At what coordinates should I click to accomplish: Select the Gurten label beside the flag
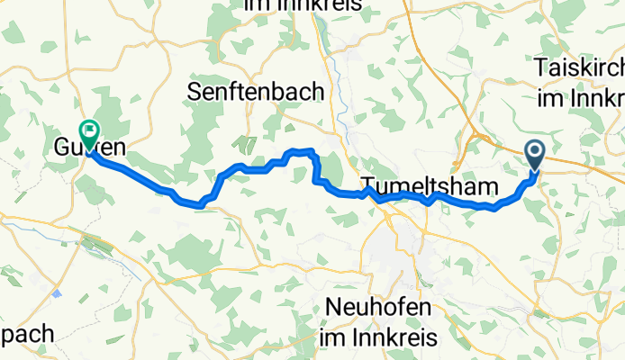click(x=87, y=146)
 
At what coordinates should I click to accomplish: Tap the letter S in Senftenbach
click(x=195, y=90)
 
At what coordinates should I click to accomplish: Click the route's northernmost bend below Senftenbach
click(x=301, y=150)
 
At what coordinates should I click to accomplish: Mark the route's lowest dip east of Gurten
click(x=200, y=204)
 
